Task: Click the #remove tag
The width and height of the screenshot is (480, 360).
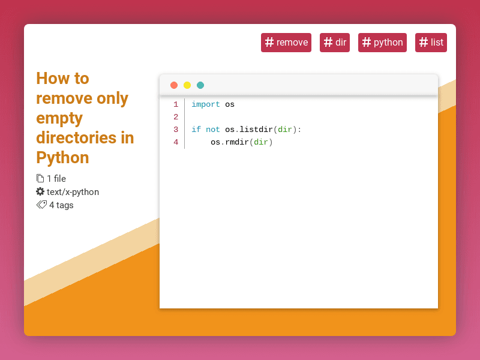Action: [286, 43]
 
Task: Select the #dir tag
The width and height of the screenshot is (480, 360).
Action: [335, 43]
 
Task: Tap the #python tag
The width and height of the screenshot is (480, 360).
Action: [382, 43]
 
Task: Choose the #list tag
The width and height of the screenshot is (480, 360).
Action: [431, 43]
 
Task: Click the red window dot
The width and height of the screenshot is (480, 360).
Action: [174, 85]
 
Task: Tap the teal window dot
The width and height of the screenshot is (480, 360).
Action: [200, 85]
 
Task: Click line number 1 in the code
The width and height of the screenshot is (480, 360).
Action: [176, 104]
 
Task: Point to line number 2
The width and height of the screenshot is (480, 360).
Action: [176, 117]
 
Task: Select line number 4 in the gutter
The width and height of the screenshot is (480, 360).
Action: [176, 142]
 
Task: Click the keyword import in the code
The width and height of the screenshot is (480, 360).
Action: [206, 104]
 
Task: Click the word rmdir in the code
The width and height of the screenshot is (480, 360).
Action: [237, 142]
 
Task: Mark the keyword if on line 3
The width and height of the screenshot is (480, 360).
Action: [196, 130]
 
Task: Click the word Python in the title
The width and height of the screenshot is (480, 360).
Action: [62, 158]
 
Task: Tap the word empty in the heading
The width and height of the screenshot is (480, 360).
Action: [59, 118]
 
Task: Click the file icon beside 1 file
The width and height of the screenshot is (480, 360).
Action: [40, 178]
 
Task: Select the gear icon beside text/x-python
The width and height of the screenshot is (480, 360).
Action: [40, 191]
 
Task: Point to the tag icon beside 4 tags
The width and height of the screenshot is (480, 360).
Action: [41, 205]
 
